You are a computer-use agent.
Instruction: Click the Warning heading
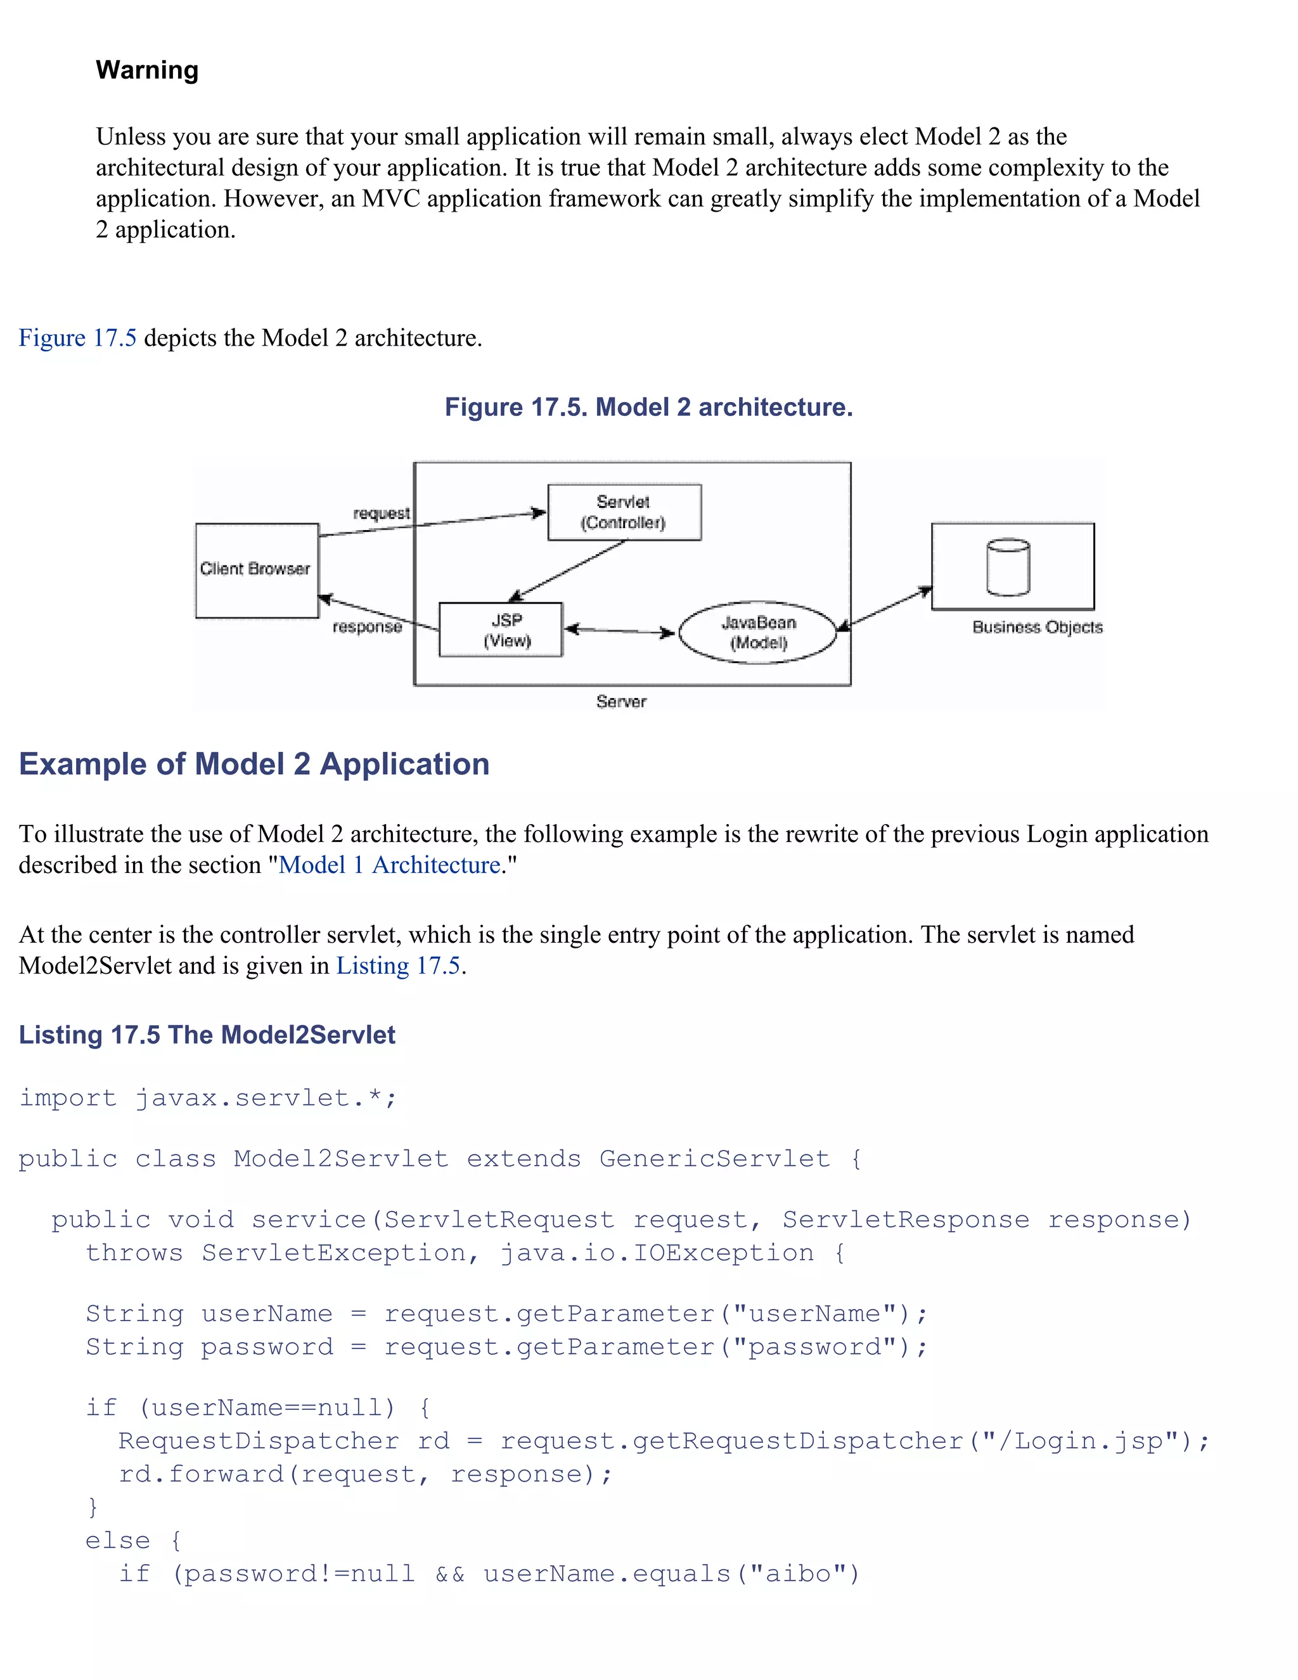pyautogui.click(x=147, y=70)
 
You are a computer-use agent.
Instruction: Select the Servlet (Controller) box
pyautogui.click(x=624, y=512)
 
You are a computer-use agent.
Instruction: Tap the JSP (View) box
pyautogui.click(x=501, y=630)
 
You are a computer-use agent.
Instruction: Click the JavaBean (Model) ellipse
pyautogui.click(x=758, y=632)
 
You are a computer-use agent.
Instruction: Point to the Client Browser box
pyautogui.click(x=257, y=570)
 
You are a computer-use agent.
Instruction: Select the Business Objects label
pyautogui.click(x=1036, y=627)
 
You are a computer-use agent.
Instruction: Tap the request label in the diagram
pyautogui.click(x=382, y=513)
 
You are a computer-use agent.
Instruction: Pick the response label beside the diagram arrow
pyautogui.click(x=367, y=627)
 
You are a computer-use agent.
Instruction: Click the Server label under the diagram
pyautogui.click(x=621, y=702)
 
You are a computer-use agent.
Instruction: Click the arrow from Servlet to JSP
pyautogui.click(x=567, y=570)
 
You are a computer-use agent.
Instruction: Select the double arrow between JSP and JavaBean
pyautogui.click(x=620, y=631)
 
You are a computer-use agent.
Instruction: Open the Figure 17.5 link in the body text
pyautogui.click(x=78, y=338)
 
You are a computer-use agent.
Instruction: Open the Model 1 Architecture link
pyautogui.click(x=389, y=865)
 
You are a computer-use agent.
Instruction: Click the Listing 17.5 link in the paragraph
pyautogui.click(x=398, y=966)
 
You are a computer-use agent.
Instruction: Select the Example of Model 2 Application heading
pyautogui.click(x=254, y=764)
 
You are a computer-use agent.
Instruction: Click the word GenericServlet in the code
pyautogui.click(x=714, y=1158)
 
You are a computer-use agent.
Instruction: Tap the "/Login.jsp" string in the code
pyautogui.click(x=1081, y=1441)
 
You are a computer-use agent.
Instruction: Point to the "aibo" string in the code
pyautogui.click(x=797, y=1574)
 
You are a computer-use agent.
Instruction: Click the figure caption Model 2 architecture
pyautogui.click(x=648, y=407)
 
